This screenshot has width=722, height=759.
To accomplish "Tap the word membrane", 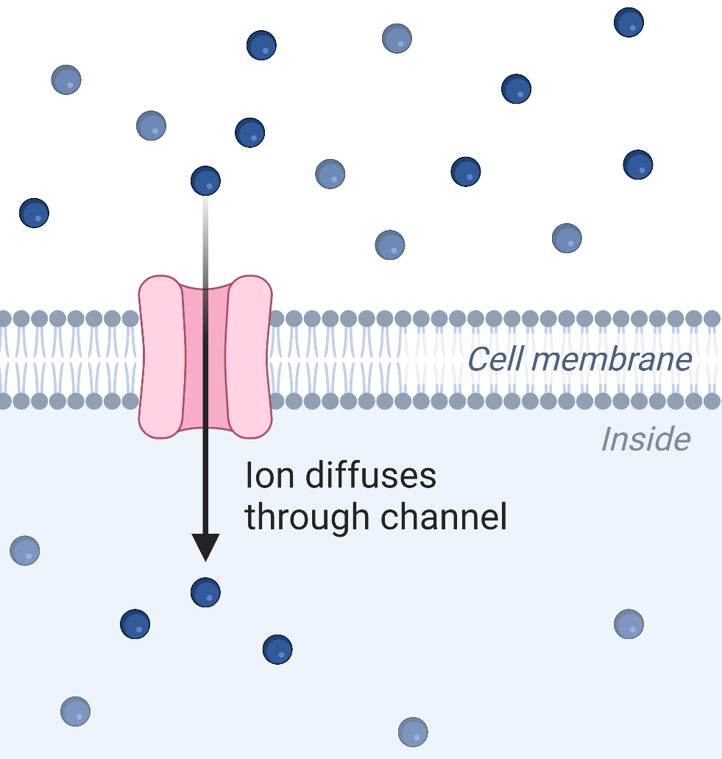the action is (x=612, y=360).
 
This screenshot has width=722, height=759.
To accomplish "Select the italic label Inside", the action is (x=645, y=439).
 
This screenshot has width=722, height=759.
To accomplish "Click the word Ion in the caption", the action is (x=269, y=476).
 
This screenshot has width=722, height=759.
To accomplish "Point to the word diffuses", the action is (x=371, y=476).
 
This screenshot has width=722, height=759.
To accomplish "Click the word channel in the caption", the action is (x=444, y=517).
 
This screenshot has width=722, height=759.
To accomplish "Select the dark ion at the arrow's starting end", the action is (x=205, y=181).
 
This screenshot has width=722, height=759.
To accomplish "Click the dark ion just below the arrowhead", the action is (x=205, y=593).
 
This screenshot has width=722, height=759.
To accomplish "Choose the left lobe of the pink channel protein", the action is (x=162, y=357).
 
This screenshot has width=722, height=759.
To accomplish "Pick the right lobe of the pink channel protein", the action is (x=249, y=357).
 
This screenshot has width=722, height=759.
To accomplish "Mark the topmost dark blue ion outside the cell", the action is (x=629, y=22).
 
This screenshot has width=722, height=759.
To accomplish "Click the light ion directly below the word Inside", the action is (x=629, y=624).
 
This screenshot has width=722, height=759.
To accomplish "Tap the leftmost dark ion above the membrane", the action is (x=34, y=213).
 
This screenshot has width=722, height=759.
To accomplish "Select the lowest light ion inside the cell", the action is (x=413, y=732).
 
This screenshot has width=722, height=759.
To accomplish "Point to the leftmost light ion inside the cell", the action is (x=25, y=551).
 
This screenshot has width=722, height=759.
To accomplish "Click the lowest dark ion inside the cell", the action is (x=277, y=649).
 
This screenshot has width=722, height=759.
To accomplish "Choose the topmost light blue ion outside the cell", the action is (x=397, y=38).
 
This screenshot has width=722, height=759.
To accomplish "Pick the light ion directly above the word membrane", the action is (x=567, y=239).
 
